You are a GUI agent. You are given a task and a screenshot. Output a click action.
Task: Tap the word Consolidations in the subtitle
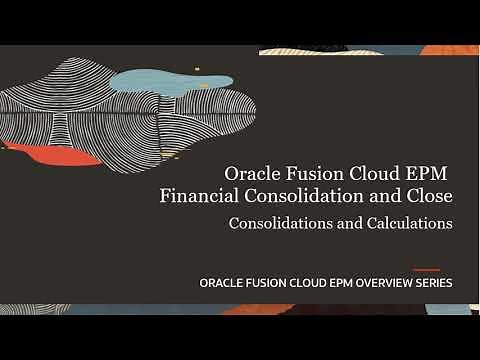click(x=278, y=223)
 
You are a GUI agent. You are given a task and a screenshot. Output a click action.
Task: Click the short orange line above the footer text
click(x=426, y=269)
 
